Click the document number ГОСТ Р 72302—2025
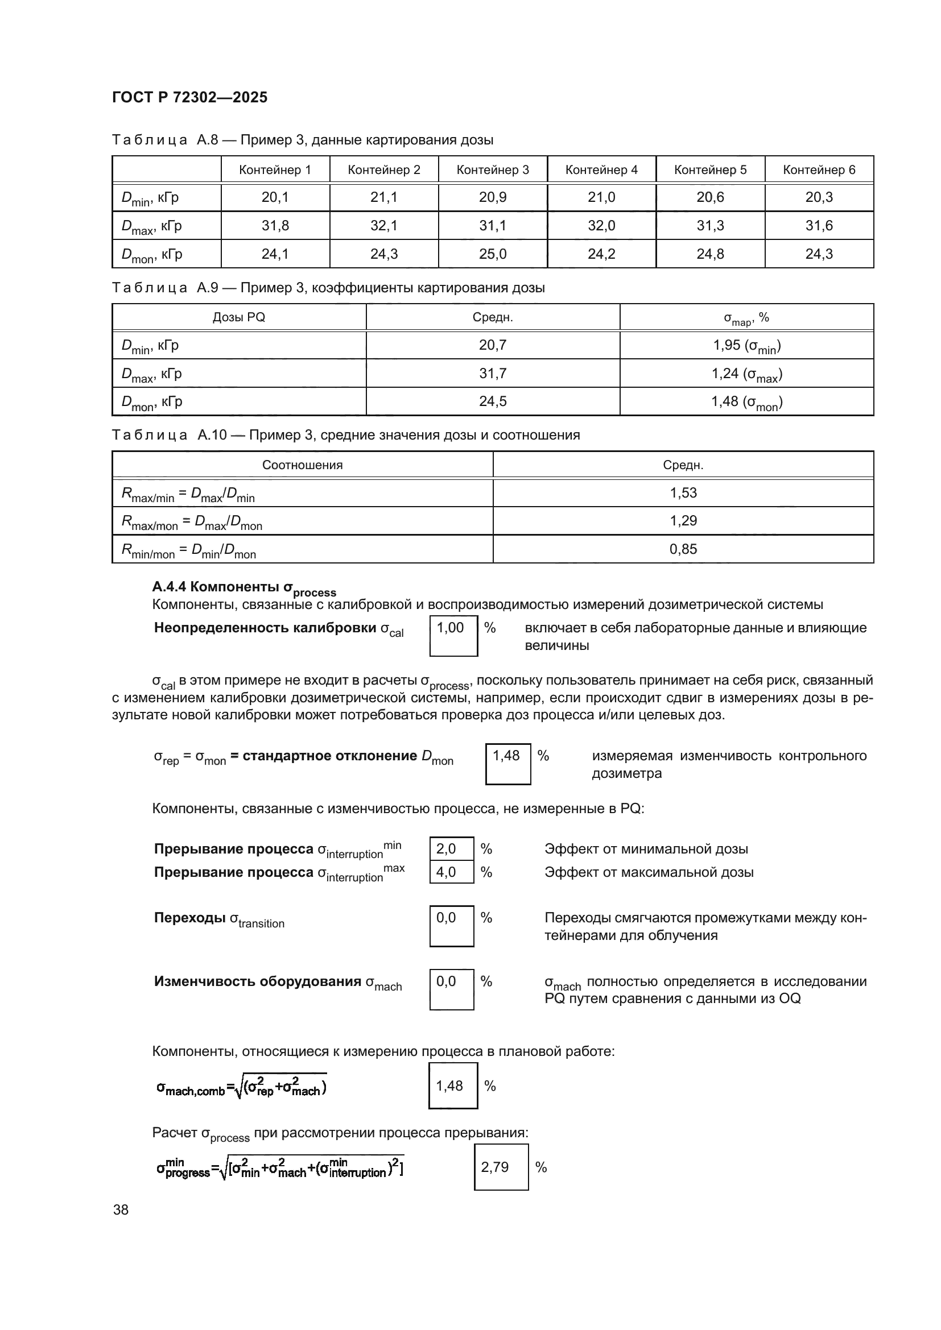(189, 97)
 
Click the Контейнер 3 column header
(493, 169)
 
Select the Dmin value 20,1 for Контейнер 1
(275, 197)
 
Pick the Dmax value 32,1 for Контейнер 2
(383, 225)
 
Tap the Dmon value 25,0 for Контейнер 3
(493, 254)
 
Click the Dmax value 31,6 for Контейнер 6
(819, 225)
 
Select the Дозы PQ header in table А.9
(239, 317)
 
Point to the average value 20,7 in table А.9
(493, 345)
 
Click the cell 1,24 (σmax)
(746, 374)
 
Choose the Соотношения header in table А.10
(302, 465)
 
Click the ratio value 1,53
(683, 493)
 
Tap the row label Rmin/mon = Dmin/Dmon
(189, 550)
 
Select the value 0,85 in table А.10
(683, 549)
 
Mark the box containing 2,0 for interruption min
(451, 848)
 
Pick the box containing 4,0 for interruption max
(451, 872)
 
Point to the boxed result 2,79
(501, 1167)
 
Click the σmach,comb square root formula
(242, 1087)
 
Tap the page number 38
(121, 1209)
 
